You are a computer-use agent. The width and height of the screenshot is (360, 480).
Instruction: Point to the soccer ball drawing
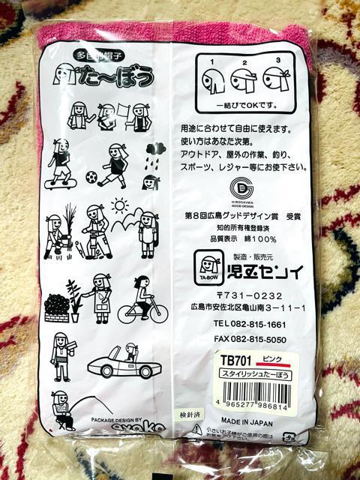(91, 178)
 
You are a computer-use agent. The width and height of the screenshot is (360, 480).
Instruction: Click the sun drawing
(119, 205)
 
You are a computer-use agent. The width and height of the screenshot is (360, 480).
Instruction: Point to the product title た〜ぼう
(109, 75)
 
